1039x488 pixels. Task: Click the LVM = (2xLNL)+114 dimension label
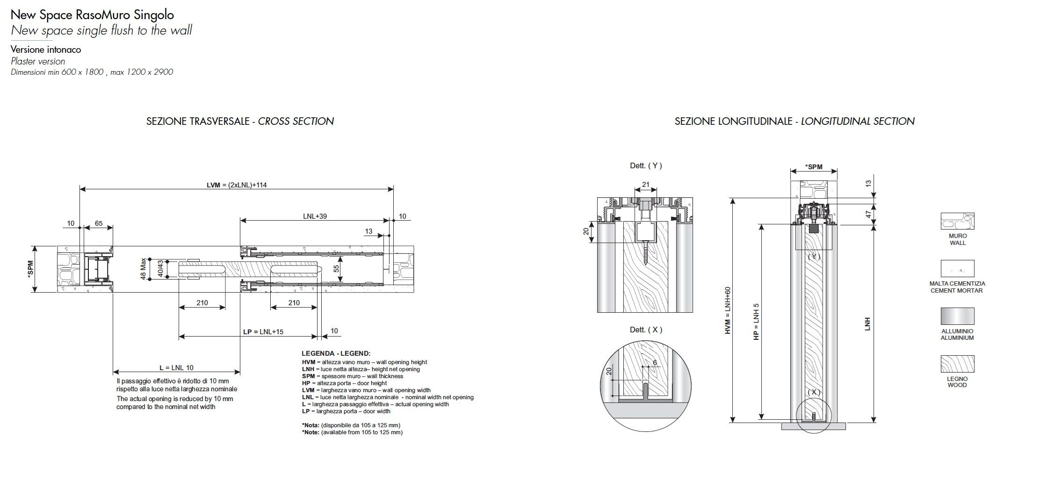(237, 185)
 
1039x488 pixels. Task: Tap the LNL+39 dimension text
(315, 216)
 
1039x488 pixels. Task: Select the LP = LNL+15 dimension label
(263, 332)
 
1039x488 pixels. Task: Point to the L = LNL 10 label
(176, 368)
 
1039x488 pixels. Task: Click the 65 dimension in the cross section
(99, 223)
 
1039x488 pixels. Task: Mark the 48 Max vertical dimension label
(143, 269)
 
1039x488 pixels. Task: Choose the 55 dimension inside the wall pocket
(336, 269)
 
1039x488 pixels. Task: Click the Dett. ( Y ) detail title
(646, 165)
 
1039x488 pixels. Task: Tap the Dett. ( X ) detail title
(646, 330)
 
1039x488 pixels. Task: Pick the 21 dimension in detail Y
(646, 185)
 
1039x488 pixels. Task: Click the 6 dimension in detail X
(655, 362)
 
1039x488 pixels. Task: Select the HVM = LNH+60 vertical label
(728, 310)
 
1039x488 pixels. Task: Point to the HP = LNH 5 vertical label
(756, 322)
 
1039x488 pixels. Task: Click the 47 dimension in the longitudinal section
(868, 215)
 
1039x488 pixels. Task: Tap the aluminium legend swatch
(957, 316)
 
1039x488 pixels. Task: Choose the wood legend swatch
(957, 364)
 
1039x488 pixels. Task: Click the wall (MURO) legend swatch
(957, 221)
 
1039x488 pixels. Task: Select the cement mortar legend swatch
(957, 268)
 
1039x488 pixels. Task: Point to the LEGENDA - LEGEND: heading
(336, 353)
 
